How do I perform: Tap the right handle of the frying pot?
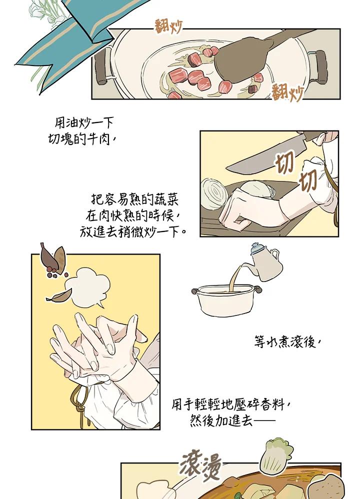(x=319, y=67)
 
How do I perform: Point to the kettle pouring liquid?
(x=266, y=262)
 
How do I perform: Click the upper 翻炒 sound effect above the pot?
(x=168, y=26)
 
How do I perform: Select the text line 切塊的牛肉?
(x=81, y=139)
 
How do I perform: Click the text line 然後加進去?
(x=233, y=420)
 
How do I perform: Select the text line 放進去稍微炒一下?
(x=133, y=231)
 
